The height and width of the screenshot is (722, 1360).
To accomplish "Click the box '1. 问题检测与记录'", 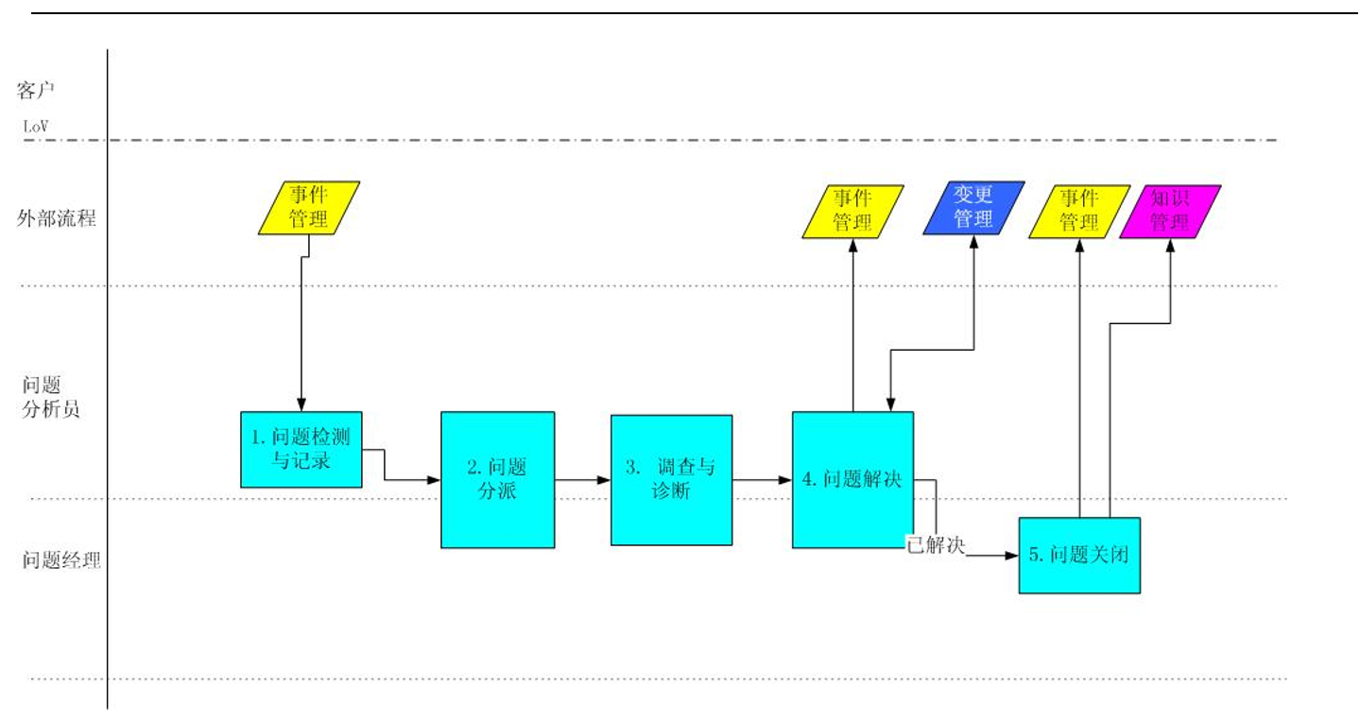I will click(x=301, y=449).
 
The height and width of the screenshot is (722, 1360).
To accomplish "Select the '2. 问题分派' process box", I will click(x=497, y=479).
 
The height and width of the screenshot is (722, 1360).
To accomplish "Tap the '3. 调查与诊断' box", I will click(x=671, y=480).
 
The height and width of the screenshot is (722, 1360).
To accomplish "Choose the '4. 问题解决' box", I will click(x=852, y=479).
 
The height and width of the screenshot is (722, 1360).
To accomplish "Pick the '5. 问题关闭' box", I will click(x=1079, y=555).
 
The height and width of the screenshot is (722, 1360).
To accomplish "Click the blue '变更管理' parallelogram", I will click(x=973, y=208).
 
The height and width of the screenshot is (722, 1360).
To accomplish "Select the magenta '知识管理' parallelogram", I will click(x=1170, y=211).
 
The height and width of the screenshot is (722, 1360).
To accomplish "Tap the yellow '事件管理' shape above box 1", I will click(x=309, y=207).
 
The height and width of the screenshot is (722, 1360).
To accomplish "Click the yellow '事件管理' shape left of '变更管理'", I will click(x=852, y=211).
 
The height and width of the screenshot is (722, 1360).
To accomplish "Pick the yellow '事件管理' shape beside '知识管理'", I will click(x=1078, y=210).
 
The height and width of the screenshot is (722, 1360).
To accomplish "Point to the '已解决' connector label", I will click(x=936, y=546).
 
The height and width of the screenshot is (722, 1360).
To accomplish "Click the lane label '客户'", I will click(x=38, y=91).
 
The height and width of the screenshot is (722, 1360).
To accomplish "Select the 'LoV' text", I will click(x=36, y=126).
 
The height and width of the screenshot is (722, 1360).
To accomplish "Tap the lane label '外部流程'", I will click(x=57, y=220).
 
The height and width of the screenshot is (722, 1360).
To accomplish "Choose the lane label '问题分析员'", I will click(x=51, y=398).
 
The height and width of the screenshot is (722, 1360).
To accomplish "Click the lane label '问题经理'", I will click(x=61, y=559).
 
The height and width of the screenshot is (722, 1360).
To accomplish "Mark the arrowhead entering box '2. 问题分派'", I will click(x=435, y=480).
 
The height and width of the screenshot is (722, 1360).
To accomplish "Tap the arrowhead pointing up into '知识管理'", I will click(x=1170, y=244).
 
